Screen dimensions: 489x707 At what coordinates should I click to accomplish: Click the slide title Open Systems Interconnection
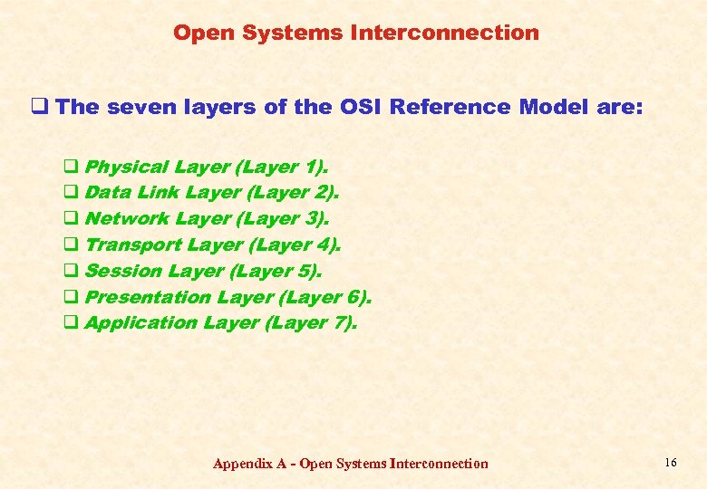point(356,34)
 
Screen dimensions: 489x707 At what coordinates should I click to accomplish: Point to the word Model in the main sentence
point(554,108)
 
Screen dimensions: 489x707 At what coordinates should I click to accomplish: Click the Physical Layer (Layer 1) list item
point(207,167)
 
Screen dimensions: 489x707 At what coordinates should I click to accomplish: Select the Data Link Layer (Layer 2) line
point(212,193)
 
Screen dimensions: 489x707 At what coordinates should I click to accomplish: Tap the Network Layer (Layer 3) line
point(207,219)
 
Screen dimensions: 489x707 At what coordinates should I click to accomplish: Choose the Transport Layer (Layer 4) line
point(213,245)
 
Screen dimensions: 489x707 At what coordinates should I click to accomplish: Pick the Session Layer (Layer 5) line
point(203,272)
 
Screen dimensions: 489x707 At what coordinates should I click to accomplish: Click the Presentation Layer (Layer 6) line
point(228,297)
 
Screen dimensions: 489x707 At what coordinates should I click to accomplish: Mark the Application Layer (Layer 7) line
point(220,323)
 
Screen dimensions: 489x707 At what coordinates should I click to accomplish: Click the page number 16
point(670,463)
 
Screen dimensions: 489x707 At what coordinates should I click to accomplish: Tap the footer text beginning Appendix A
point(350,464)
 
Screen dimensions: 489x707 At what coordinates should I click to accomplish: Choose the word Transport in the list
point(132,245)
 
